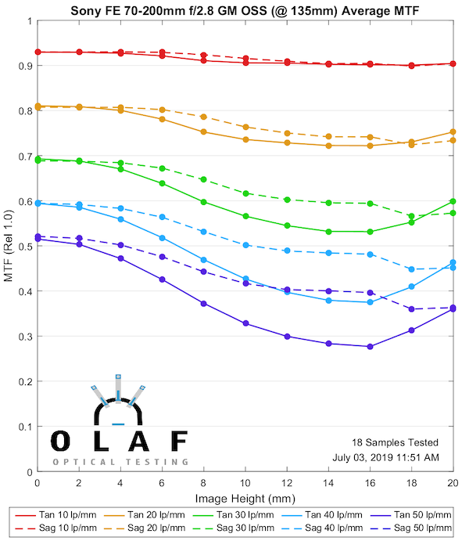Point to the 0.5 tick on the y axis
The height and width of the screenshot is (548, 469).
coord(25,247)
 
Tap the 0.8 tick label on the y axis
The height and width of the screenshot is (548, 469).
coord(25,110)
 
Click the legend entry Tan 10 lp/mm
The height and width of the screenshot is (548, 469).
coord(59,515)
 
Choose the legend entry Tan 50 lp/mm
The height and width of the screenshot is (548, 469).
coord(421,515)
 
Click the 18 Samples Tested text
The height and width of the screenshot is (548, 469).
coord(400,442)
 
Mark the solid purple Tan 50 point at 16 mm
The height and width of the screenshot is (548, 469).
coord(370,346)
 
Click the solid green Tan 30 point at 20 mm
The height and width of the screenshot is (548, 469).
coord(453,202)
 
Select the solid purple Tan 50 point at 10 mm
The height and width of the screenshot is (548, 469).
coord(245,323)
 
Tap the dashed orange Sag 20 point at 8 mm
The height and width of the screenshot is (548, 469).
coord(203,117)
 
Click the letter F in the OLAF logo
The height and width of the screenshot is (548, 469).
coord(180,442)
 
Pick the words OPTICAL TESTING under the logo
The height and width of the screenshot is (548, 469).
coord(120,462)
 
